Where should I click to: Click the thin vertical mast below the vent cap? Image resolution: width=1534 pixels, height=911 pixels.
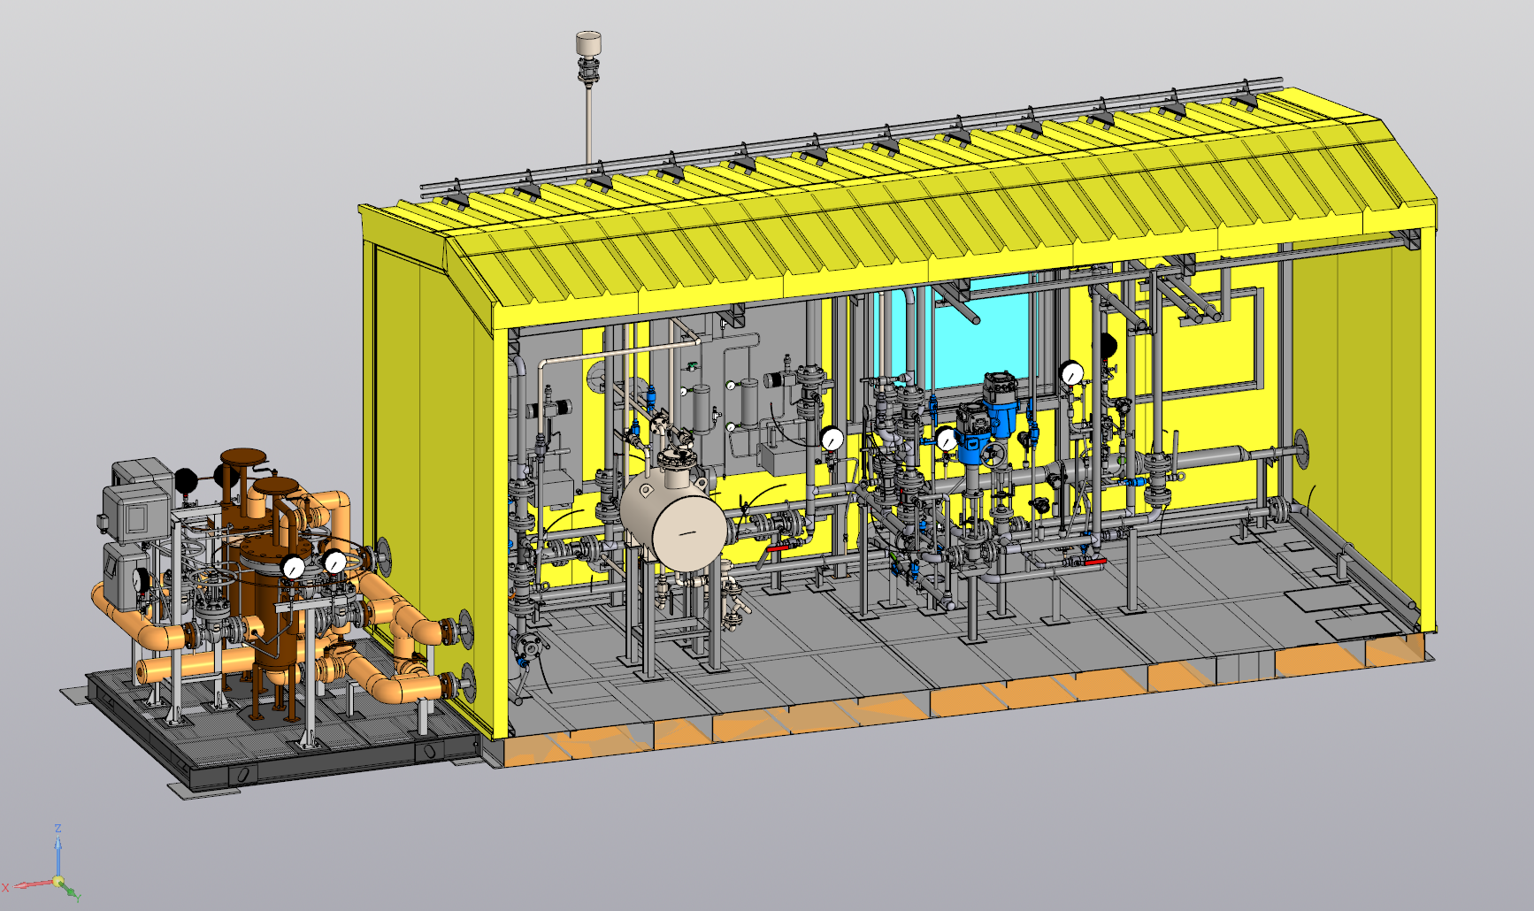(588, 124)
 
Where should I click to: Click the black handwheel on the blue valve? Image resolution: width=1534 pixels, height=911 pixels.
(993, 455)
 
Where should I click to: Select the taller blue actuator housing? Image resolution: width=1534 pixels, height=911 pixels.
(1003, 402)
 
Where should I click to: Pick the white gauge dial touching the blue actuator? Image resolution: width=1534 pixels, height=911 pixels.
(947, 439)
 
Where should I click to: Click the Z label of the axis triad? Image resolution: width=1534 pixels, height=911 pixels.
(58, 829)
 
